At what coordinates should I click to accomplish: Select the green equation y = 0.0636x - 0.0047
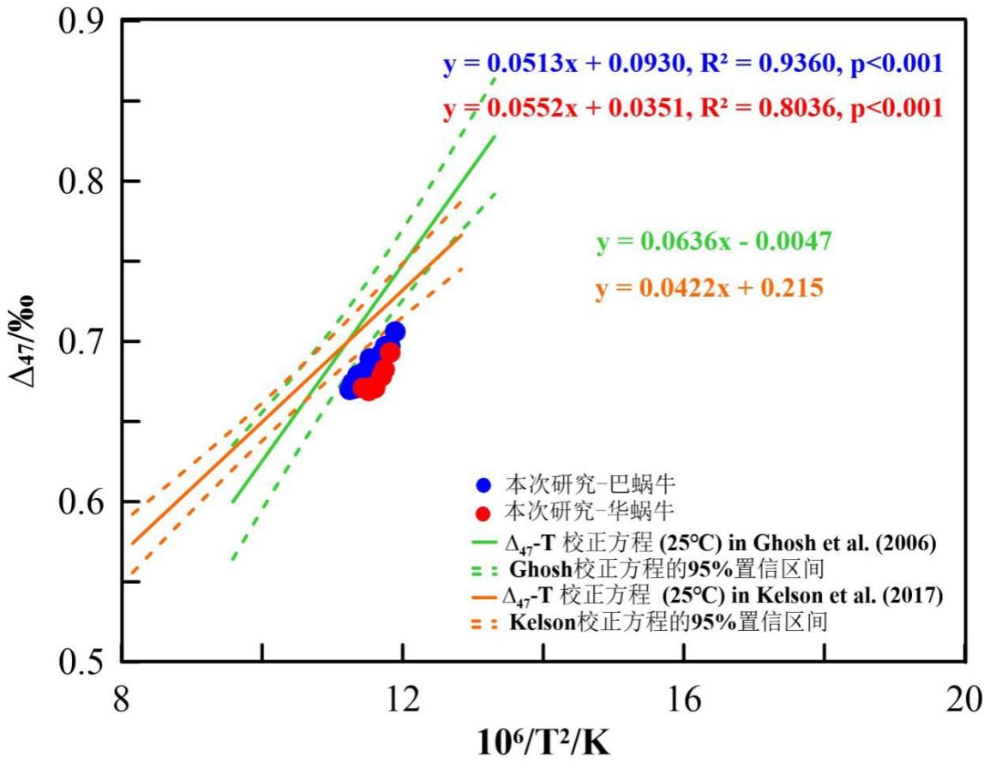(714, 243)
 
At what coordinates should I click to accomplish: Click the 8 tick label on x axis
(122, 700)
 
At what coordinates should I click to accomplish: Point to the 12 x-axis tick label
(402, 700)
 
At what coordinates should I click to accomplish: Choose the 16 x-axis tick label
(682, 700)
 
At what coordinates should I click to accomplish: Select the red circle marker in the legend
(485, 514)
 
